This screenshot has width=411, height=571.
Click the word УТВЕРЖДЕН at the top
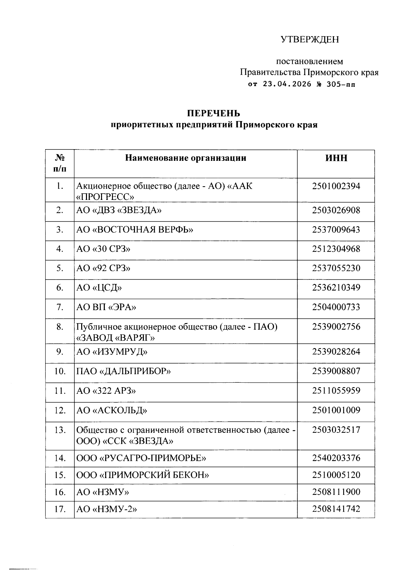(x=310, y=39)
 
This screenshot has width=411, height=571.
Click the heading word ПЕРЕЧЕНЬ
(x=213, y=114)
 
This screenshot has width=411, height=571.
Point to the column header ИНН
(x=336, y=158)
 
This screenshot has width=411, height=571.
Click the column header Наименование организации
(x=186, y=158)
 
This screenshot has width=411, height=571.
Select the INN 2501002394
(x=336, y=187)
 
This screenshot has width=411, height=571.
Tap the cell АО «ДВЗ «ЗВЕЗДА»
(x=119, y=210)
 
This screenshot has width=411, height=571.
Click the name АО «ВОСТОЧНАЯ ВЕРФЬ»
(x=135, y=230)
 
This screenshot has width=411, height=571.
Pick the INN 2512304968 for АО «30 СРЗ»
(x=336, y=249)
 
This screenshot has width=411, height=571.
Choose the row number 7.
(x=60, y=307)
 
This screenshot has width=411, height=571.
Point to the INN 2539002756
(x=336, y=327)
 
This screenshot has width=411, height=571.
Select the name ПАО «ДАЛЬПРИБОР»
(x=123, y=371)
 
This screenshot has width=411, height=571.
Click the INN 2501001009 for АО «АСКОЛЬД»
(x=336, y=411)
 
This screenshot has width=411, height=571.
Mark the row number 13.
(x=60, y=430)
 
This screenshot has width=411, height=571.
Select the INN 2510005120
(x=336, y=475)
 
